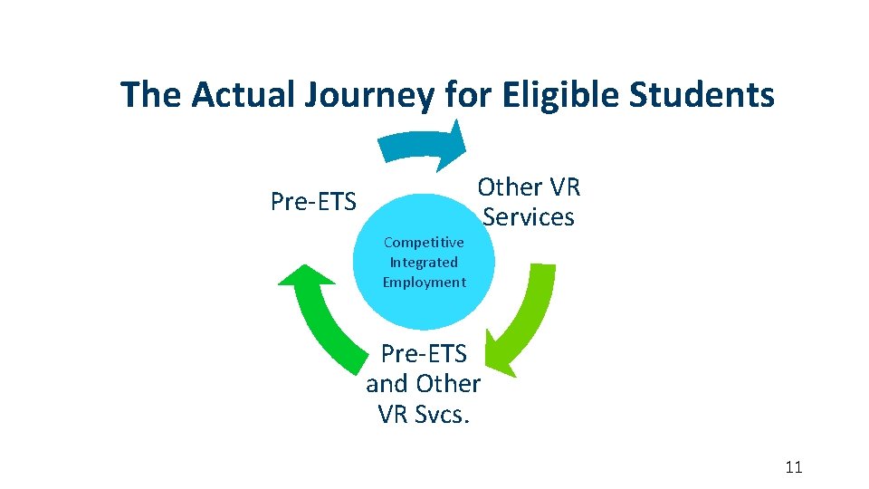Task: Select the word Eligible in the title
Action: pyautogui.click(x=559, y=94)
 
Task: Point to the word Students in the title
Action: pyautogui.click(x=707, y=94)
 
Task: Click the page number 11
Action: pyautogui.click(x=794, y=467)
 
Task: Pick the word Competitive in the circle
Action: pyautogui.click(x=424, y=242)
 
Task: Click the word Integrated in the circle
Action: pyautogui.click(x=424, y=262)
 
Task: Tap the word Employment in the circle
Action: pyautogui.click(x=424, y=282)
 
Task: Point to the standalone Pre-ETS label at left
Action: pyautogui.click(x=313, y=201)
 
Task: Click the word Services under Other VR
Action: pyautogui.click(x=529, y=217)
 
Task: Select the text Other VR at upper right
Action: pyautogui.click(x=529, y=187)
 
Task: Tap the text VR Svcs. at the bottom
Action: pyautogui.click(x=423, y=413)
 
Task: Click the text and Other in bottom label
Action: pyautogui.click(x=423, y=383)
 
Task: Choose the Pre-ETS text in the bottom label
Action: pyautogui.click(x=423, y=353)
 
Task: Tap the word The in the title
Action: pyautogui.click(x=149, y=94)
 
